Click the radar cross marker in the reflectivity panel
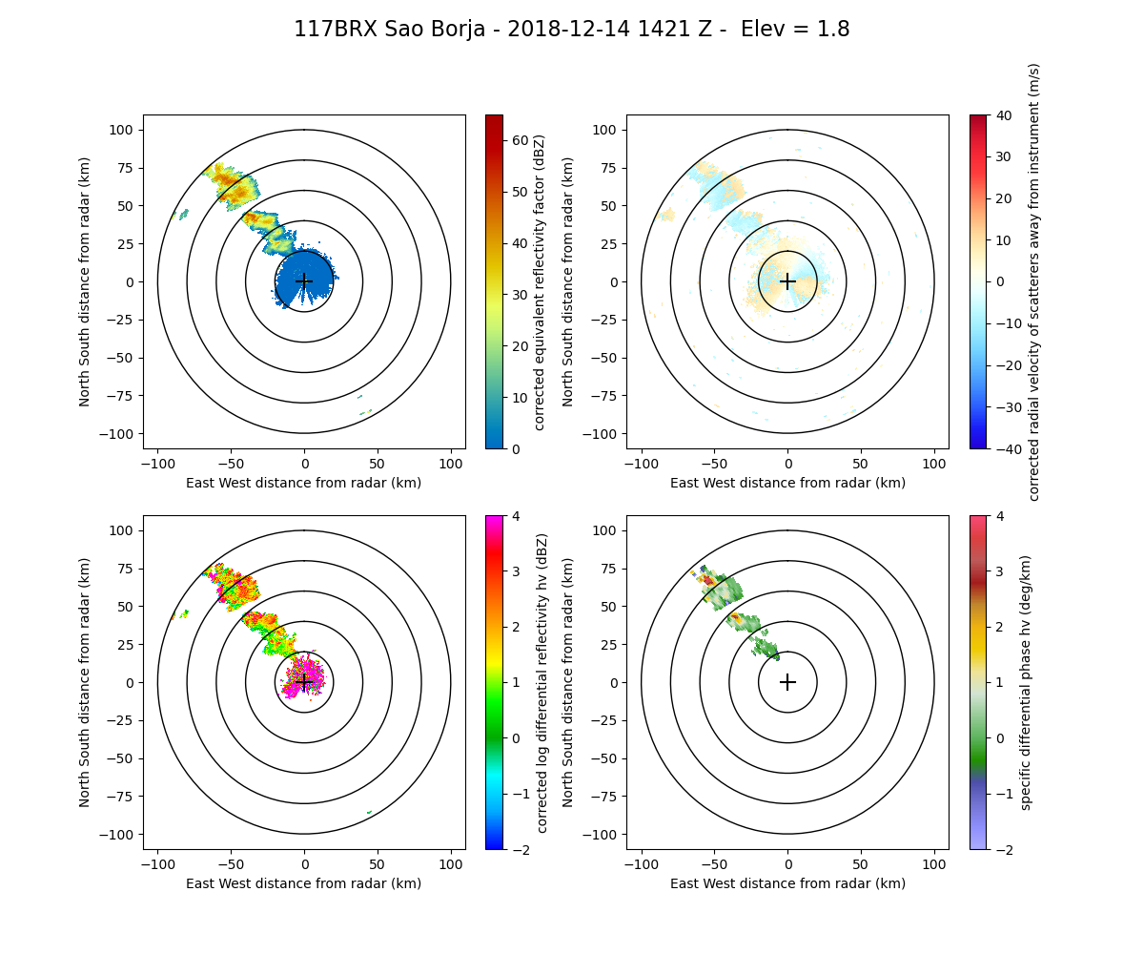pos(304,281)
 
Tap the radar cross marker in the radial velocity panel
pos(787,281)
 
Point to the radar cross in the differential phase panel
pos(787,682)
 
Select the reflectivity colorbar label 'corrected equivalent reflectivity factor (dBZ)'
pos(540,281)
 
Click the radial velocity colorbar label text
pos(1034,281)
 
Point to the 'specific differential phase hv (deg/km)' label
pos(1026,682)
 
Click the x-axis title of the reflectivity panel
pos(304,483)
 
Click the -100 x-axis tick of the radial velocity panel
pos(642,464)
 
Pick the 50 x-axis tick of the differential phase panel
pos(861,864)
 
